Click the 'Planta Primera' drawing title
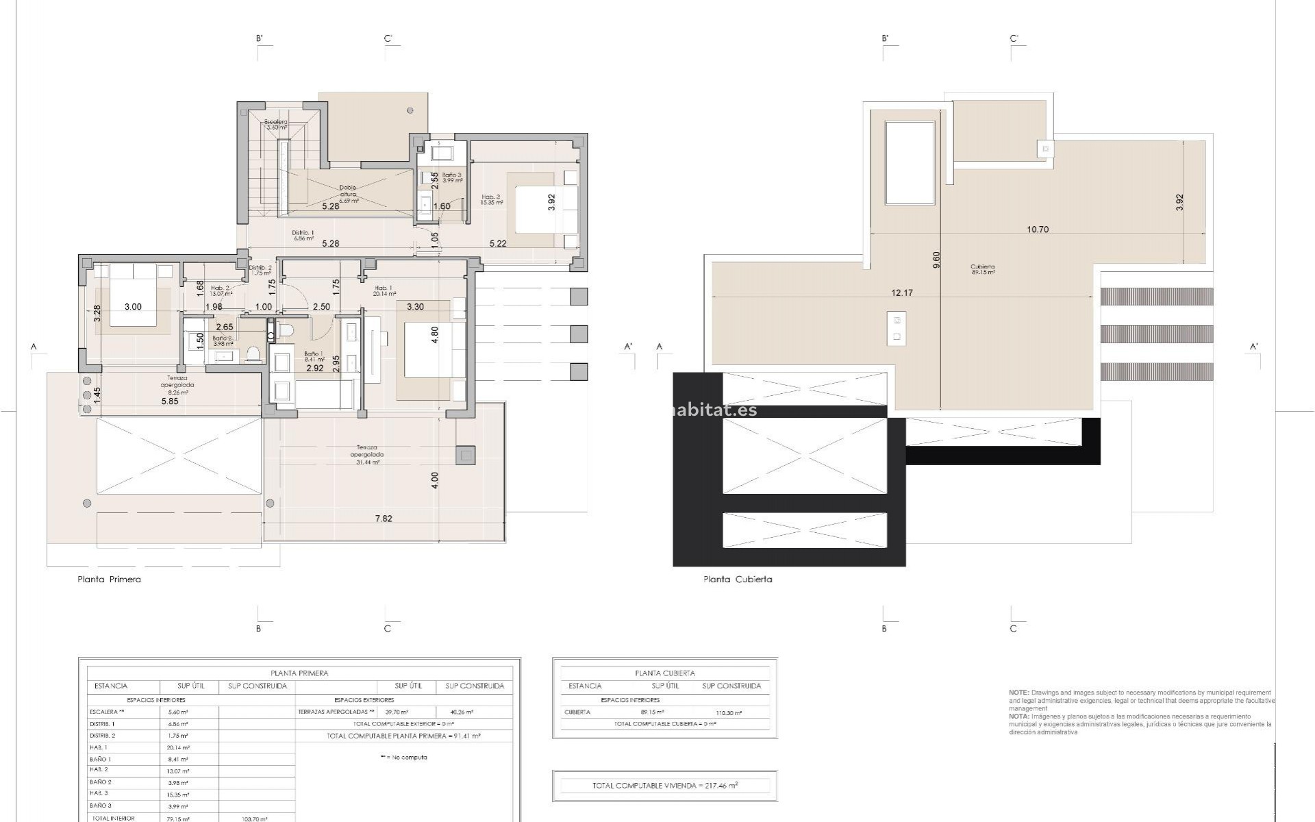click(109, 579)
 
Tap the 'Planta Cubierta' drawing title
click(738, 579)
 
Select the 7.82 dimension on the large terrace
click(384, 519)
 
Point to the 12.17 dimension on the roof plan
click(902, 292)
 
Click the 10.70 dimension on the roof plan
click(1038, 229)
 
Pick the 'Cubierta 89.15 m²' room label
click(982, 269)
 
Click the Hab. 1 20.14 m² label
click(384, 290)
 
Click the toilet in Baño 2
click(253, 353)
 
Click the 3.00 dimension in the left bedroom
click(133, 306)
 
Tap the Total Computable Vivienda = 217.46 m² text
click(664, 786)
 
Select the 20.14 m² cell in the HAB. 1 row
click(178, 747)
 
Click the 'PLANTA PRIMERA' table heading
click(299, 673)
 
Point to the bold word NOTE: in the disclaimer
click(1018, 693)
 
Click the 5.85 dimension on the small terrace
click(170, 401)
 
